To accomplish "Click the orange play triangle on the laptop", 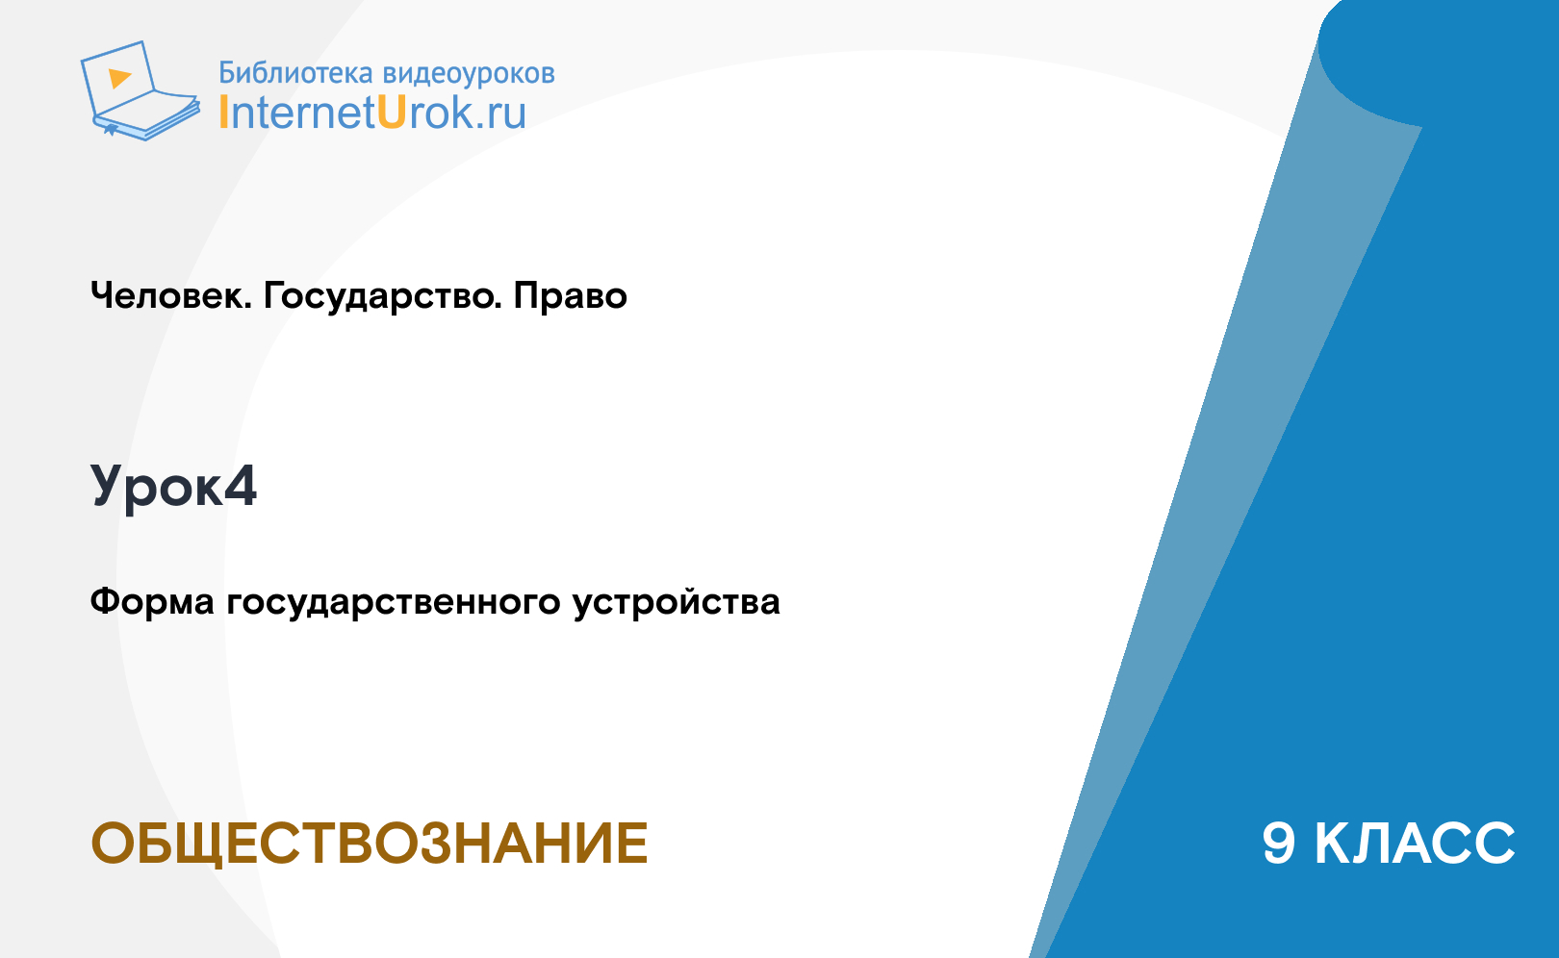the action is (x=119, y=78).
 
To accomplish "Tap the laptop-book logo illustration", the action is (x=141, y=90).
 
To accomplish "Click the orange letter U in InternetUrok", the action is (x=392, y=112).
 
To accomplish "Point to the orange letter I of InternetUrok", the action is (x=223, y=112).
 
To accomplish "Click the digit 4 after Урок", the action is (x=241, y=485).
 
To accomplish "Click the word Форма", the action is (x=152, y=602).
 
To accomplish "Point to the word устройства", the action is (x=677, y=603).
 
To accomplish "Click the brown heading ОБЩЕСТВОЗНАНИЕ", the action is (x=370, y=844).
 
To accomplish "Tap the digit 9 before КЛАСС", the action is (x=1279, y=844).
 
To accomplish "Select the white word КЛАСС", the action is (x=1415, y=844).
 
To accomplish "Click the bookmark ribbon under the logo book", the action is (x=111, y=130).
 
